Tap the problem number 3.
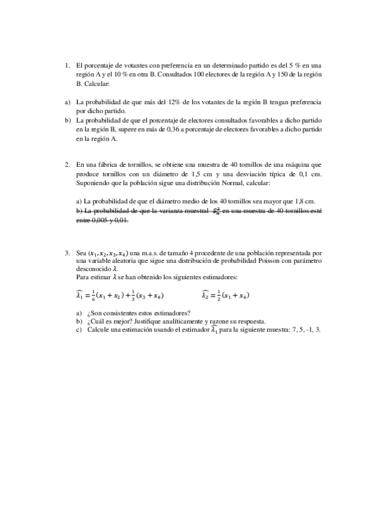pos(67,252)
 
